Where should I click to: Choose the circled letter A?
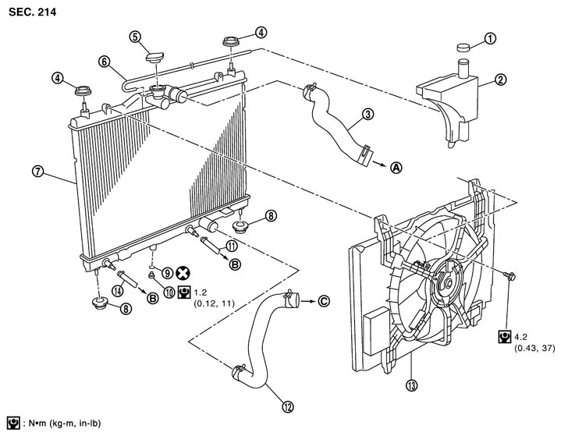tap(396, 167)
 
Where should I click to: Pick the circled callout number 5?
tap(134, 36)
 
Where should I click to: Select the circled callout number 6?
tap(103, 60)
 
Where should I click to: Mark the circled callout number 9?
tap(167, 271)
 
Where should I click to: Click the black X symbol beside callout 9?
tap(185, 273)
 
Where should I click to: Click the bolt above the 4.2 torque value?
tap(509, 276)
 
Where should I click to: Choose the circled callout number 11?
tap(232, 245)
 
